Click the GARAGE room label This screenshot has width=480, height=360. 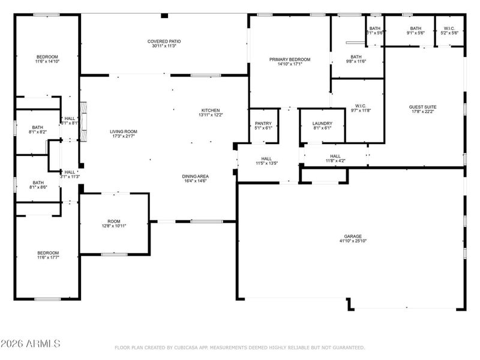pos(352,236)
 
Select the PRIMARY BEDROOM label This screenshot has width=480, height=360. pos(289,59)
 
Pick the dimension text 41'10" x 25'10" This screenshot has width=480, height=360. pos(352,241)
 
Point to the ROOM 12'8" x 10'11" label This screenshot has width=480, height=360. pos(113,223)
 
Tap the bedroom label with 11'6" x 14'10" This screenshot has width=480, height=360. pos(47,58)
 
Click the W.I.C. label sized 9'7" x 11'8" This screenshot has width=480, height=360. pos(360,108)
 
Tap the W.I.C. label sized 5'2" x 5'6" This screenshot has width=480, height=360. pos(449,30)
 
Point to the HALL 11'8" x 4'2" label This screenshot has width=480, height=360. pos(335,158)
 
